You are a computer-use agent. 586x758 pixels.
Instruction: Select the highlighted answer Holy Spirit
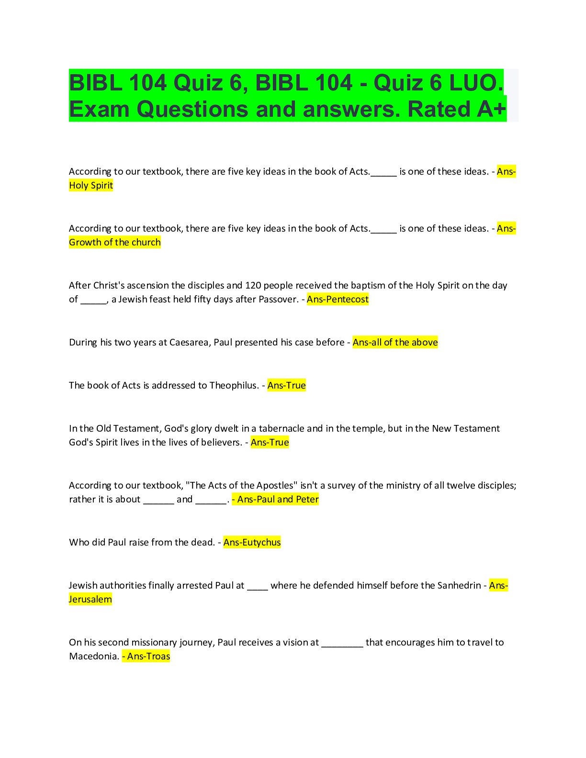[x=91, y=186]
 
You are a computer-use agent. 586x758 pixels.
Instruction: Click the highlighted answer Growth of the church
[x=115, y=243]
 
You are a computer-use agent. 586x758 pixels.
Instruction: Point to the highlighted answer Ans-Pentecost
[x=338, y=300]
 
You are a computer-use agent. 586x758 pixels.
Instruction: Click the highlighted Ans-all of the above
[x=395, y=343]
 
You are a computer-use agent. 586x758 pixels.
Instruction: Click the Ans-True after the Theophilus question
[x=286, y=386]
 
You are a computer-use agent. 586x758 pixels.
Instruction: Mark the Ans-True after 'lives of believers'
[x=270, y=443]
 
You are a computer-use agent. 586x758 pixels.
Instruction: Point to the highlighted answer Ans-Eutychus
[x=252, y=543]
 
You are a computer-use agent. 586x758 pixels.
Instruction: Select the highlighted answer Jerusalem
[x=90, y=600]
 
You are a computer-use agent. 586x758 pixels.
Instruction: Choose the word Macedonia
[x=93, y=657]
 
